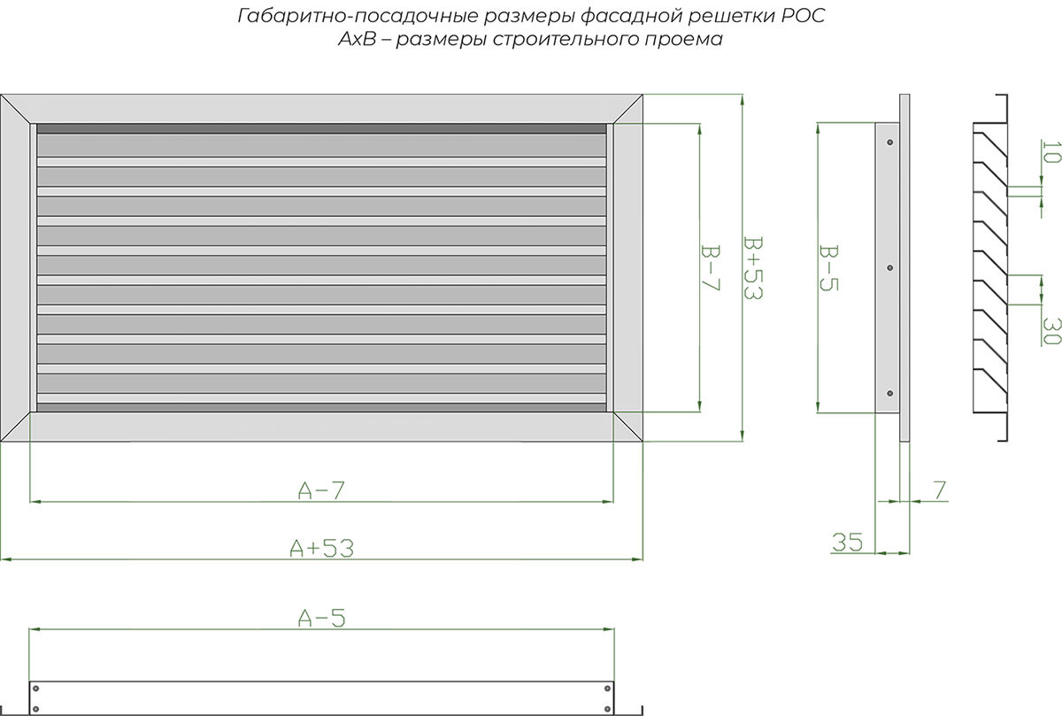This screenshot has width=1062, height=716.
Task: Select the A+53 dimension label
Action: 321,549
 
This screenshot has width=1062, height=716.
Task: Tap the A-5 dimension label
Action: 320,619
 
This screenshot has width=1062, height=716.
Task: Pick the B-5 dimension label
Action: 829,267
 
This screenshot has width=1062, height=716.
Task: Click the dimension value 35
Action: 847,542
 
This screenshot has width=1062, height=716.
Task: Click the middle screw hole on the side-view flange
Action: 890,267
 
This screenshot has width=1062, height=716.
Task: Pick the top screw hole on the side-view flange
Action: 890,141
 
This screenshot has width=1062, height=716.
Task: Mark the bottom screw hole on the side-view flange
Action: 890,393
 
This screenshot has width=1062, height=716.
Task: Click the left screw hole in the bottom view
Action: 35,688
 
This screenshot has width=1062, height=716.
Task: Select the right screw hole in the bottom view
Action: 607,688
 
